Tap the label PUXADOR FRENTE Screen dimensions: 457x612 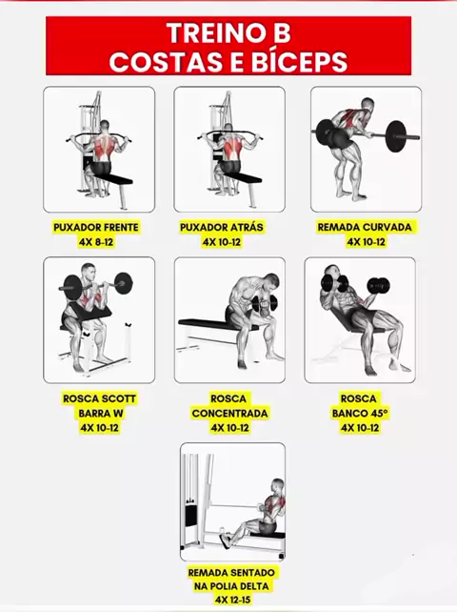point(96,227)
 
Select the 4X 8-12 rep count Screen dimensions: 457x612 point(96,242)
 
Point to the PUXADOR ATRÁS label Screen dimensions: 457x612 point(222,227)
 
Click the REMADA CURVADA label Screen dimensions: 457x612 point(365,227)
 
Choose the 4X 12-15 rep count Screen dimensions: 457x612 point(232,600)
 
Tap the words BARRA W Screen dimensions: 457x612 point(100,414)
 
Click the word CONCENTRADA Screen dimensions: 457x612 point(229,414)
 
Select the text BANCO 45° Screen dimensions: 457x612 point(360,414)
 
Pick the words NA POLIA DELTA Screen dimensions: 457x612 point(231,586)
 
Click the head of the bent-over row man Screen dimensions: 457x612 point(368,105)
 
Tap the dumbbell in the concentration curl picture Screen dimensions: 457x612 point(265,303)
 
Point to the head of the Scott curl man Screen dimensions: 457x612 point(88,271)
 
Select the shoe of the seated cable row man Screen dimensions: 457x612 point(226,541)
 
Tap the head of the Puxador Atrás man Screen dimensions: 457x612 point(228,128)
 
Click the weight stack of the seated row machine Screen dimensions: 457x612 point(190,516)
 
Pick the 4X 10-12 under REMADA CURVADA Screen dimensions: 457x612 point(367,242)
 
